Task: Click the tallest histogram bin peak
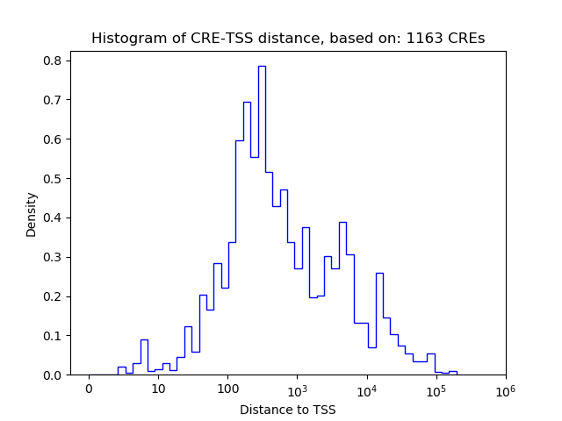click(262, 67)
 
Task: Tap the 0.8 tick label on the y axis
click(52, 61)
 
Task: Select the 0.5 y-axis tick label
click(52, 178)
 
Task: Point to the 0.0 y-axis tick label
click(52, 375)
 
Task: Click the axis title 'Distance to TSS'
click(287, 409)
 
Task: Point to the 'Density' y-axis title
click(32, 214)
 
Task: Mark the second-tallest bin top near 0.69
click(247, 103)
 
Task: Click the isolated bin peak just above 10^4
click(379, 274)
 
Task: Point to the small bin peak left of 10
click(144, 340)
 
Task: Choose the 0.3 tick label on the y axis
click(52, 257)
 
